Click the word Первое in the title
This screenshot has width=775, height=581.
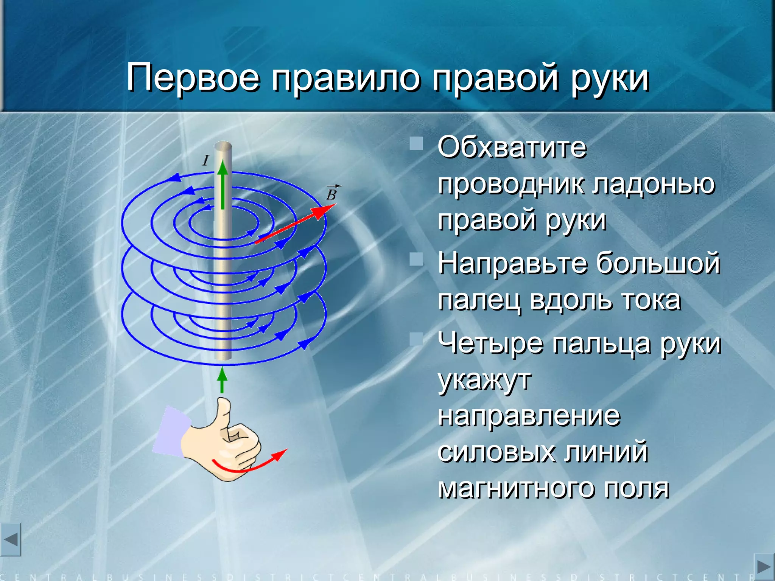(193, 78)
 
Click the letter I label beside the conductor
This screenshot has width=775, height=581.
(205, 161)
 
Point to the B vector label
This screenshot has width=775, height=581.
(332, 194)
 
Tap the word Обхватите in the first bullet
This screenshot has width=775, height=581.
(512, 148)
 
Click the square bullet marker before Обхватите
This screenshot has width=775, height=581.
(416, 144)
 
